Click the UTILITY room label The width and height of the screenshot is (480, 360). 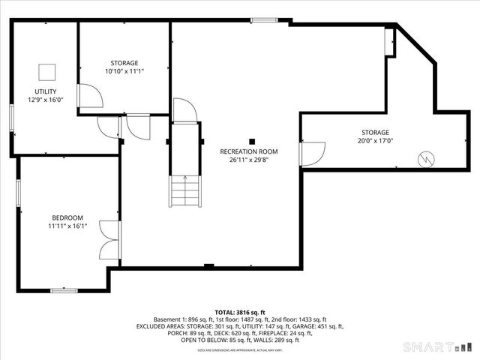46,91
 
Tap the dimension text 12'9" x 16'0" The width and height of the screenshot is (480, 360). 46,99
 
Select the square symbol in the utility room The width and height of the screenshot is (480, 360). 46,72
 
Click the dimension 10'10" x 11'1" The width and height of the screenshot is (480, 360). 124,71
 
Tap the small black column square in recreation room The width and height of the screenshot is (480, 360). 253,140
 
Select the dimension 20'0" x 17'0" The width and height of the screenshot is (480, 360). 375,140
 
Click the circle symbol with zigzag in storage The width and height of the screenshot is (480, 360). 425,158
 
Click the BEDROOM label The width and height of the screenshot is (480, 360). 67,217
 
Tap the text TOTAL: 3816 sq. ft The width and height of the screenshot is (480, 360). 240,312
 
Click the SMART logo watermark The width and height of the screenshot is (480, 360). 439,346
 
